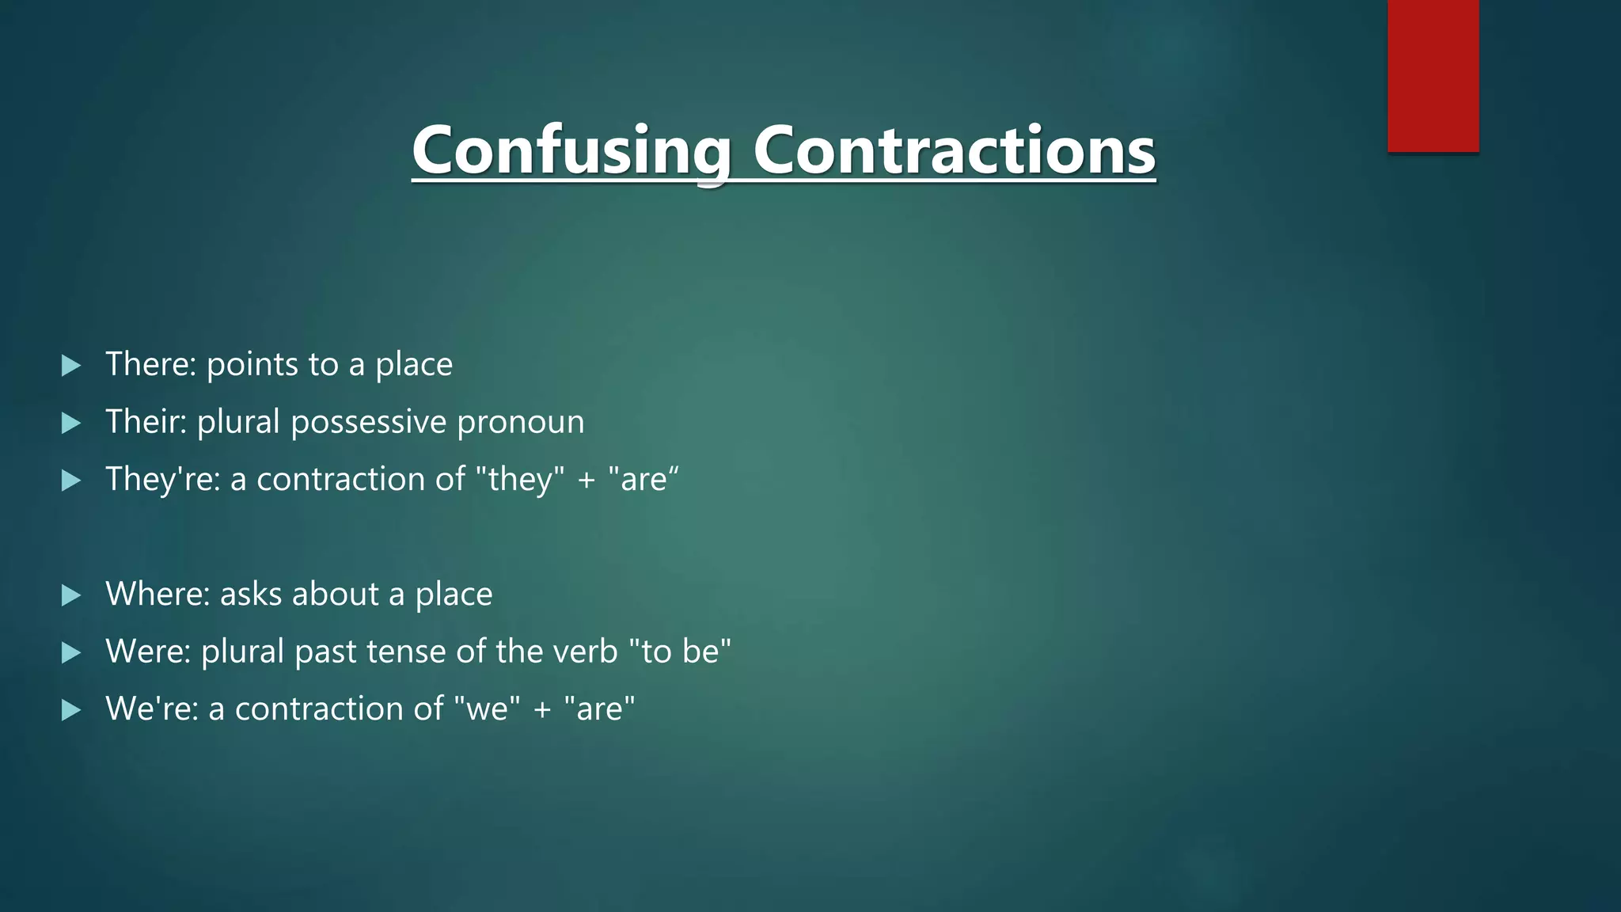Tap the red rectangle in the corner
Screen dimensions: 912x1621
(x=1433, y=75)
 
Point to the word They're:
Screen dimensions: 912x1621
(x=162, y=479)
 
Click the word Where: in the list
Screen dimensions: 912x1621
(x=158, y=594)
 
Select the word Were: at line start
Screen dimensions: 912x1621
(x=148, y=652)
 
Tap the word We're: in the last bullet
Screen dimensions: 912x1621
(x=151, y=709)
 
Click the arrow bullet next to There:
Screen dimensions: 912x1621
(x=71, y=365)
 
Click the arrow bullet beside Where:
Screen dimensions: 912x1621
(x=71, y=595)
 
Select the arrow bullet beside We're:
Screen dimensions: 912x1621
(x=71, y=709)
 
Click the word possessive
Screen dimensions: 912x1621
(x=368, y=423)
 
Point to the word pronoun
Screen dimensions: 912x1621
(x=520, y=423)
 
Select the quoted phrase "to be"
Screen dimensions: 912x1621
(x=679, y=652)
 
